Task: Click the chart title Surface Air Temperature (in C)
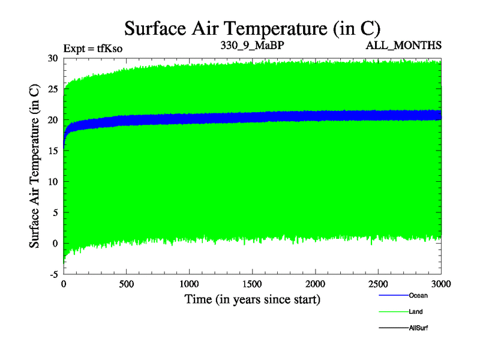pyautogui.click(x=252, y=28)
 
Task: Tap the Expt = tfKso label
pyautogui.click(x=93, y=48)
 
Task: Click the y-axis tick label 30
pyautogui.click(x=52, y=58)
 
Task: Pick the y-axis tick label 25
pyautogui.click(x=52, y=89)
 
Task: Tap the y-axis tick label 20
pyautogui.click(x=52, y=120)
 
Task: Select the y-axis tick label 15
pyautogui.click(x=52, y=151)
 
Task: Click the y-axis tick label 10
pyautogui.click(x=52, y=182)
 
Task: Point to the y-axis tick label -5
pyautogui.click(x=52, y=274)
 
